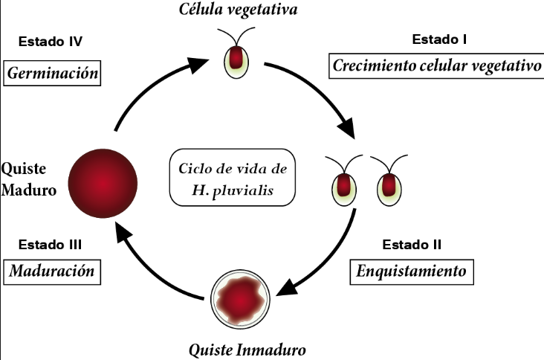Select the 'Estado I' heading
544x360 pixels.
click(x=438, y=38)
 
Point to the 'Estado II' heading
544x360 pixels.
click(x=412, y=244)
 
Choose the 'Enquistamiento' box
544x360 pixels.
click(x=411, y=271)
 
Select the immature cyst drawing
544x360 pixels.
click(x=239, y=300)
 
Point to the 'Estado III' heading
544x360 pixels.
click(x=51, y=244)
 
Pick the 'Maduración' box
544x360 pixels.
click(x=52, y=271)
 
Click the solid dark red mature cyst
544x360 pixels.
click(x=103, y=181)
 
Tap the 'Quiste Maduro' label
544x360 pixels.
click(x=29, y=179)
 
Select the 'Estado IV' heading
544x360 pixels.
click(x=51, y=41)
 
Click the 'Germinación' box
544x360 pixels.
click(x=52, y=74)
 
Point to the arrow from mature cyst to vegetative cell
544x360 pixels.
click(x=149, y=86)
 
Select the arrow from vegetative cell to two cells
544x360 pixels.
click(x=320, y=93)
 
